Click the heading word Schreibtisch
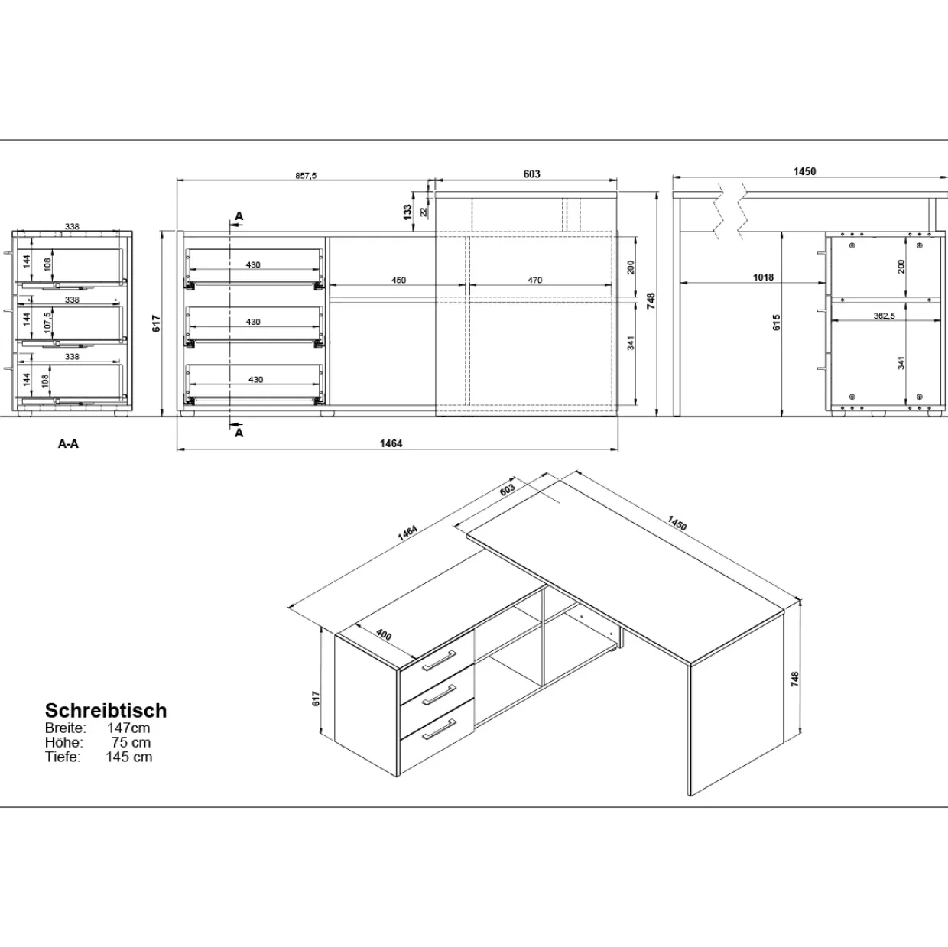106,710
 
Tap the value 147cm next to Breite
128,728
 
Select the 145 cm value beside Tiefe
129,757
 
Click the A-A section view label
68,444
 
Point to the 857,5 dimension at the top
306,176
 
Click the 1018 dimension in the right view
763,277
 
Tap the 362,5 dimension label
884,316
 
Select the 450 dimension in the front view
398,281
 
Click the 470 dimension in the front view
534,281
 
